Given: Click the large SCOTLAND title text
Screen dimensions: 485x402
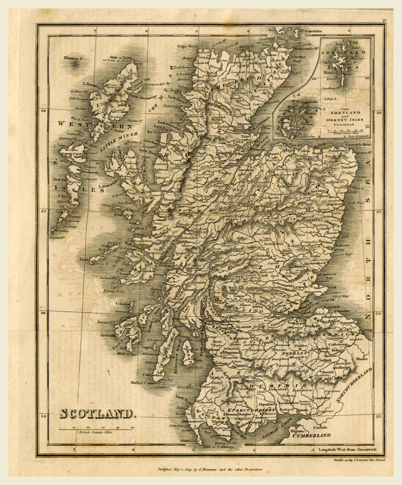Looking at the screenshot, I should (97, 413).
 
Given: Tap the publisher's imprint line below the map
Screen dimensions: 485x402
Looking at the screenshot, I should (210, 469).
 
